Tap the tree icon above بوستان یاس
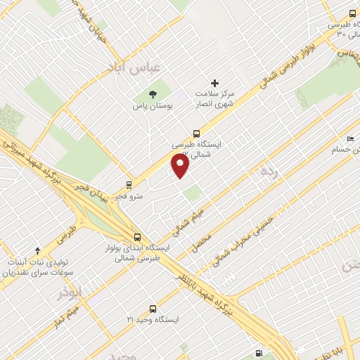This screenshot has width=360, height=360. pyautogui.click(x=153, y=94)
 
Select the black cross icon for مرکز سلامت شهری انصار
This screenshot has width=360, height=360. pyautogui.click(x=215, y=84)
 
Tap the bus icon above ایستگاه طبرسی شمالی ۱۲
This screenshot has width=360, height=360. pyautogui.click(x=196, y=132)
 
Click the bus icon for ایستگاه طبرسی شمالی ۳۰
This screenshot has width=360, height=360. pyautogui.click(x=352, y=13)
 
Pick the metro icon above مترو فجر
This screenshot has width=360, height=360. pyautogui.click(x=129, y=185)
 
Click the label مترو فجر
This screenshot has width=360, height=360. pyautogui.click(x=130, y=196)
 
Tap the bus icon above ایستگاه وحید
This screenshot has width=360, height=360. pyautogui.click(x=153, y=308)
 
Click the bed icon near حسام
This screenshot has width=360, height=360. pyautogui.click(x=350, y=139)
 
